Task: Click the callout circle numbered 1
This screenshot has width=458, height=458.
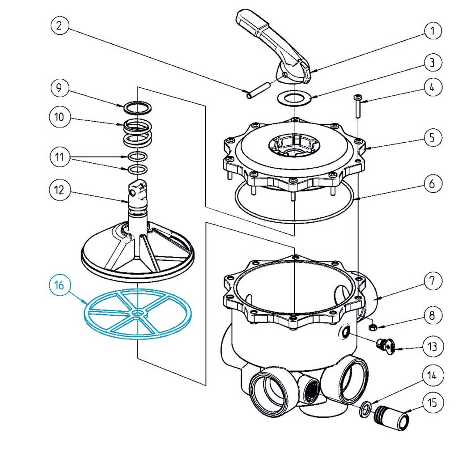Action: [433, 31]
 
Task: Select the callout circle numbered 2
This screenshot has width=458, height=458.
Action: [59, 25]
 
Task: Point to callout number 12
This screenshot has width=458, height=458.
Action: [59, 190]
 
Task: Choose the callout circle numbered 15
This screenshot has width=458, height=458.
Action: [433, 403]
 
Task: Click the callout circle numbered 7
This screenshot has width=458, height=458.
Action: [433, 281]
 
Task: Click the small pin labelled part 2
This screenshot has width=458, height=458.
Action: [258, 90]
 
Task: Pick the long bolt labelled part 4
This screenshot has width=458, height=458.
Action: [358, 106]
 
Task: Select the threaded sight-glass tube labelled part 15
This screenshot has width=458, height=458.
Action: [391, 417]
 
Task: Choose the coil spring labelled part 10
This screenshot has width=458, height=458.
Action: [137, 133]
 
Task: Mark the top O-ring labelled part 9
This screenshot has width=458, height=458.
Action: [137, 108]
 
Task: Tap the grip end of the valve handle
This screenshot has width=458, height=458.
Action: [248, 21]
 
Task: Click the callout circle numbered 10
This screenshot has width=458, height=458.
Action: [59, 117]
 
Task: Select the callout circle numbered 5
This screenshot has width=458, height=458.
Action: [433, 138]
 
